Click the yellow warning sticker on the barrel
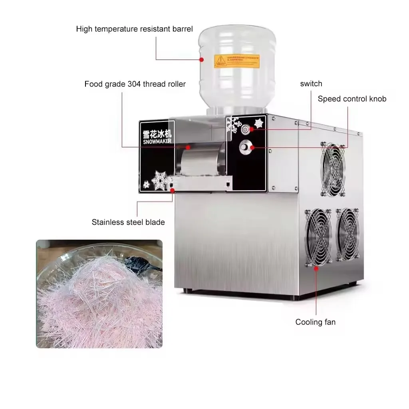(236, 61)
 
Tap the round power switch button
(245, 129)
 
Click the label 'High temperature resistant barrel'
(134, 29)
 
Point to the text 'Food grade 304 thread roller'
(135, 84)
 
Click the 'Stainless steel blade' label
(128, 222)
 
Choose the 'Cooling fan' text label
(315, 322)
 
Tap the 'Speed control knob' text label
(352, 99)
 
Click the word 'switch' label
(311, 84)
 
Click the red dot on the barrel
(202, 60)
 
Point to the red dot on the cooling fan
(316, 268)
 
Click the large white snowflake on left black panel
(159, 181)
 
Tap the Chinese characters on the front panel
(157, 134)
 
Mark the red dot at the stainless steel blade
(173, 191)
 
